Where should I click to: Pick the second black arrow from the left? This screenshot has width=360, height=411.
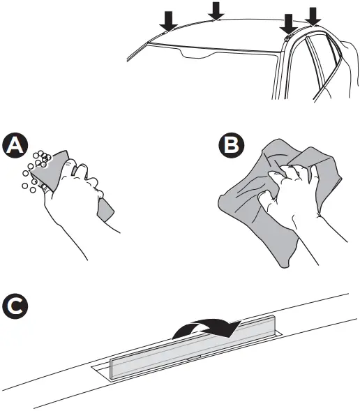(216, 10)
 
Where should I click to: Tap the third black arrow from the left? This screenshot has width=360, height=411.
(287, 24)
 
